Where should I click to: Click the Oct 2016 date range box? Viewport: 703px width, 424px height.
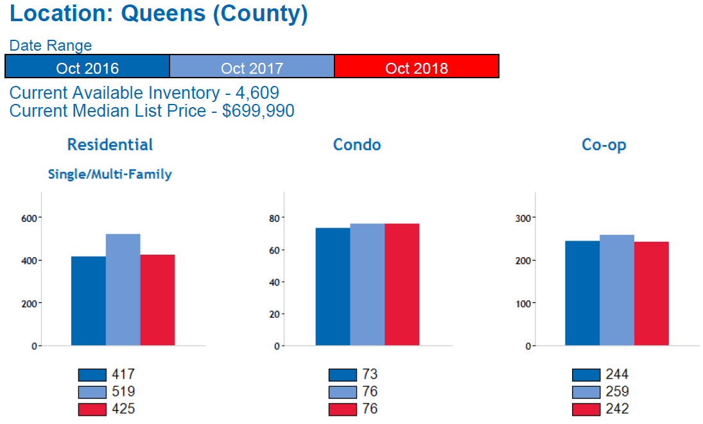[x=87, y=67]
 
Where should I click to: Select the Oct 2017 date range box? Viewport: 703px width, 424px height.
[x=252, y=67]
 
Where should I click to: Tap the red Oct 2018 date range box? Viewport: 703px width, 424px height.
[x=417, y=67]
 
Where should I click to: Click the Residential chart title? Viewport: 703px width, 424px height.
[x=110, y=144]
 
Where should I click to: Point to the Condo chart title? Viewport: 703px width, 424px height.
[x=357, y=145]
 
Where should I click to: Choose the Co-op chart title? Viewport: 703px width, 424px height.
[x=603, y=145]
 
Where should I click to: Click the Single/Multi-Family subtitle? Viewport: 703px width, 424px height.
[x=110, y=174]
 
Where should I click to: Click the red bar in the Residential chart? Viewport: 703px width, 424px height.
[x=157, y=300]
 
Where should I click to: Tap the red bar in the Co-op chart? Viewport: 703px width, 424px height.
[x=652, y=294]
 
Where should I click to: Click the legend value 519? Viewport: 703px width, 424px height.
[x=123, y=391]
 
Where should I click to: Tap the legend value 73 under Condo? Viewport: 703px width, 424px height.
[x=370, y=374]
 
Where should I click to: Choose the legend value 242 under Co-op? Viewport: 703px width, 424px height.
[x=617, y=409]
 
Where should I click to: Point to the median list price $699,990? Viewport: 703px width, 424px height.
[x=258, y=110]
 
